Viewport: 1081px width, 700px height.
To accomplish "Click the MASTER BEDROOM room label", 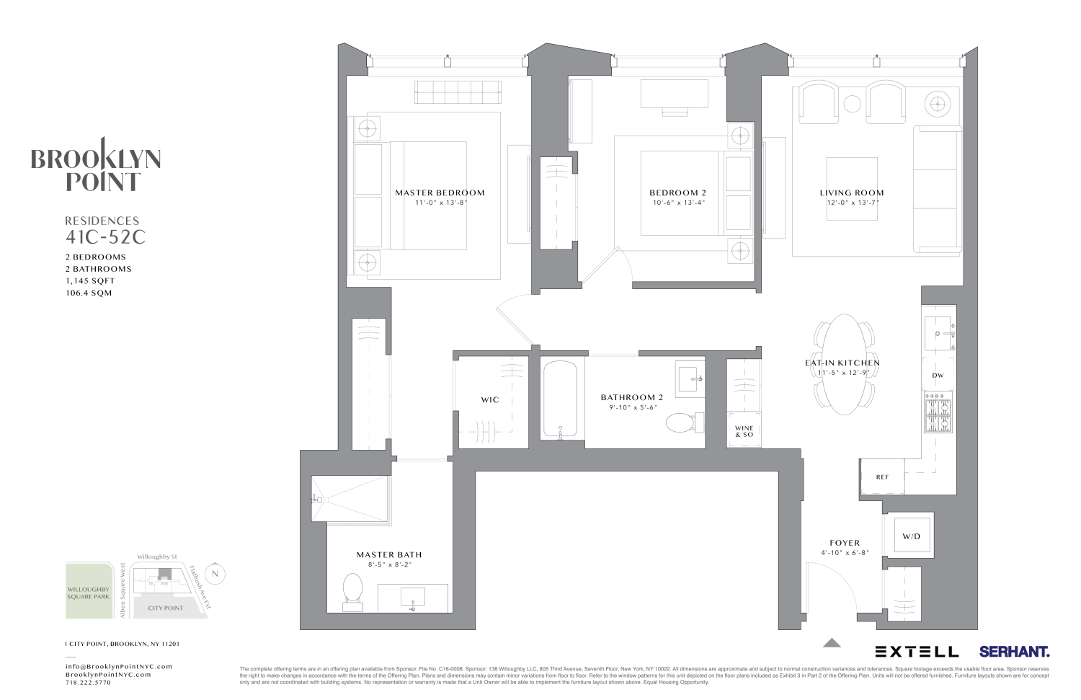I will pos(440,192).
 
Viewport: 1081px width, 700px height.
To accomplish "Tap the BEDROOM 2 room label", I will pos(677,192).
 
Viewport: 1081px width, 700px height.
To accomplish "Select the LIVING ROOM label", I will pos(851,192).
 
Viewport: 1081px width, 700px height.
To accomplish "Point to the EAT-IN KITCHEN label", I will pos(842,363).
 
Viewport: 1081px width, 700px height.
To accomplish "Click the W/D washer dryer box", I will pos(911,536).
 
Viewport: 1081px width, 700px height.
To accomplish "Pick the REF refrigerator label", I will pos(882,477).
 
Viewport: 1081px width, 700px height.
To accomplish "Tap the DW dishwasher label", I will pos(938,376).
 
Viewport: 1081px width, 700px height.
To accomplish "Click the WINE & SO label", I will pos(744,431).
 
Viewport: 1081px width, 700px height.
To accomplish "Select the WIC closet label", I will pos(490,399).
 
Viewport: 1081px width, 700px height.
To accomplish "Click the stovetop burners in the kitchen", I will pos(938,415).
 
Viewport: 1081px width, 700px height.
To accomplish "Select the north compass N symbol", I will pos(214,575).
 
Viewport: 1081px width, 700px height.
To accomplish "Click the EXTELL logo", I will pos(917,652).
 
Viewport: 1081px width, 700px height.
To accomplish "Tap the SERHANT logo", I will pos(1014,652).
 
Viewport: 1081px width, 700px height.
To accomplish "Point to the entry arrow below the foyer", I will pos(832,642).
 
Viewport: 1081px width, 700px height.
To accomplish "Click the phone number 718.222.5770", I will pos(88,683).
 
